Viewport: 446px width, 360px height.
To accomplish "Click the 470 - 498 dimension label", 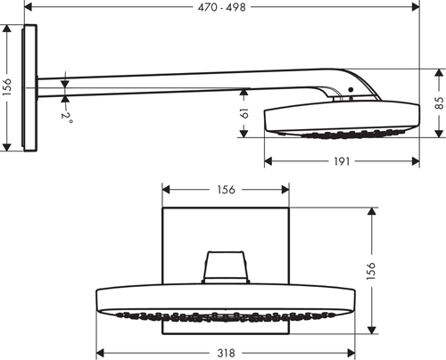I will pyautogui.click(x=221, y=7).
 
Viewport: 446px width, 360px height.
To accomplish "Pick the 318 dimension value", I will pyautogui.click(x=227, y=353).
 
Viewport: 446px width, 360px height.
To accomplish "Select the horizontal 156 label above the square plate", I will pyautogui.click(x=227, y=189).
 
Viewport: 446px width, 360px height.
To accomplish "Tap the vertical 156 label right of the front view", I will pyautogui.click(x=371, y=268).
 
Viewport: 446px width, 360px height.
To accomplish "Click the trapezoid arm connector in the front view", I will pyautogui.click(x=226, y=266).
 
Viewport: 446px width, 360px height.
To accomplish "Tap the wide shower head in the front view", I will pyautogui.click(x=227, y=304).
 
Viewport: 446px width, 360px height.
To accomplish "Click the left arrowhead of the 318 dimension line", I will pyautogui.click(x=99, y=352).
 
